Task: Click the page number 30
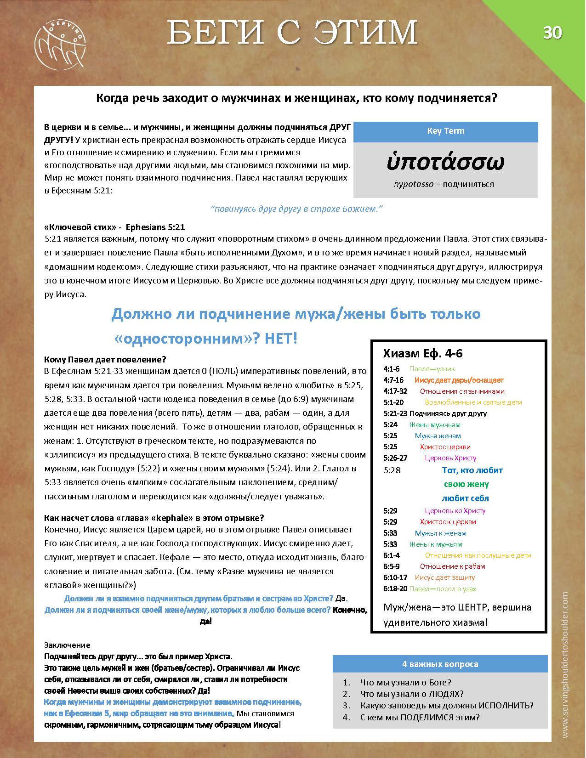[552, 33]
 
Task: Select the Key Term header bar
[445, 131]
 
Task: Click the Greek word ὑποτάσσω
[445, 162]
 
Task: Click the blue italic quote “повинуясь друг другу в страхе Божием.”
[297, 209]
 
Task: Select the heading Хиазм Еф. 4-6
[423, 353]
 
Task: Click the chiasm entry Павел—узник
[432, 369]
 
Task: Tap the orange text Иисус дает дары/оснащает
[459, 380]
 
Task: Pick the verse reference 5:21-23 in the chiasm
[395, 413]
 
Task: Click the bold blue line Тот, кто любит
[472, 470]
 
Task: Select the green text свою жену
[466, 484]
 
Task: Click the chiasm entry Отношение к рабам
[452, 566]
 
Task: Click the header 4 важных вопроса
[440, 664]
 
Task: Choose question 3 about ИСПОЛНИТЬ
[447, 706]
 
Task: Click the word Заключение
[67, 645]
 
